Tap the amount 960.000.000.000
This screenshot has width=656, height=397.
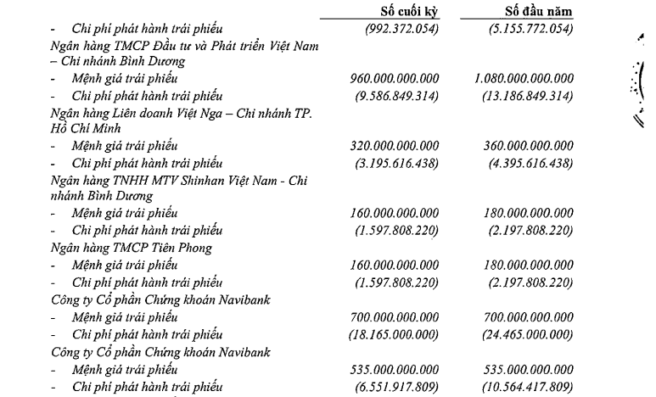[x=397, y=78]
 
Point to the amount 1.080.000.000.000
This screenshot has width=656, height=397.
[x=524, y=78]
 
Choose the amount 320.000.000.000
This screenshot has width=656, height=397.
[x=397, y=145]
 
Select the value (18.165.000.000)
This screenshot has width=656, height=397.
[x=394, y=333]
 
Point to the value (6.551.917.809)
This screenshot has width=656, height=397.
[x=397, y=386]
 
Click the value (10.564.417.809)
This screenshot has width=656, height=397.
[x=520, y=386]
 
